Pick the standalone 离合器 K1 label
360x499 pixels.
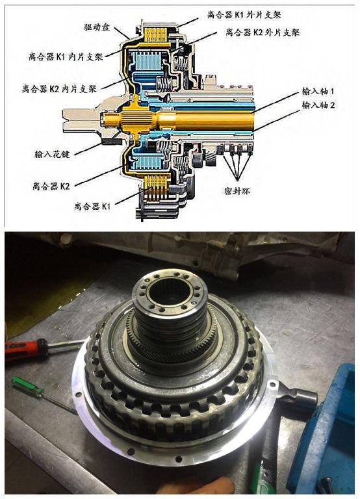click(x=92, y=206)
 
